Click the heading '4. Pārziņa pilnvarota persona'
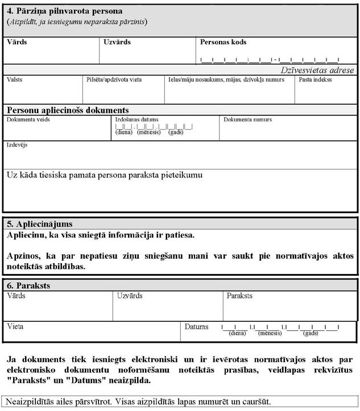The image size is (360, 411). pos(64,11)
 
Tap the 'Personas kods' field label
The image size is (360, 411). pos(223,42)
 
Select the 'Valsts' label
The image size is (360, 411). pos(15,80)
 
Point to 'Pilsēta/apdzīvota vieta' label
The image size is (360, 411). pos(114,80)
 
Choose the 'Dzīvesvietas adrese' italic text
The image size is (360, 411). pos(318,70)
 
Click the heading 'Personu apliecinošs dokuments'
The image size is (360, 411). pos(68,110)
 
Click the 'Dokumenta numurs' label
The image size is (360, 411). pos(247,120)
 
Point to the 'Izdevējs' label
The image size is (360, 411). pos(17,145)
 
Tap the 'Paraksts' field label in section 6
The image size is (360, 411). pos(239,296)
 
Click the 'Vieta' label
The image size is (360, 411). pos(16,327)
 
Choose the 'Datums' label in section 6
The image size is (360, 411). pos(197,327)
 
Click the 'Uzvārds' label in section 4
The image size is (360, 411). pos(117,42)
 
